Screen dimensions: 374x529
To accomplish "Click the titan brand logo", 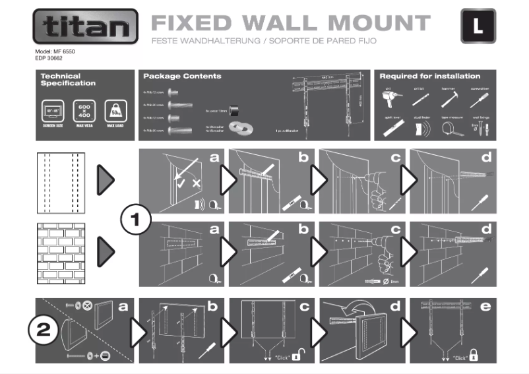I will pyautogui.click(x=85, y=28).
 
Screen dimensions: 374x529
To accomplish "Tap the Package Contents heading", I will pyautogui.click(x=182, y=77).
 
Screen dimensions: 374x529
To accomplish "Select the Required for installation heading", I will pyautogui.click(x=429, y=77).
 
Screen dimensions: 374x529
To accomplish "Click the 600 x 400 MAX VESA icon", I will pyautogui.click(x=83, y=110).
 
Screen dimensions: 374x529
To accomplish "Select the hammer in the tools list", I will pyautogui.click(x=451, y=98).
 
